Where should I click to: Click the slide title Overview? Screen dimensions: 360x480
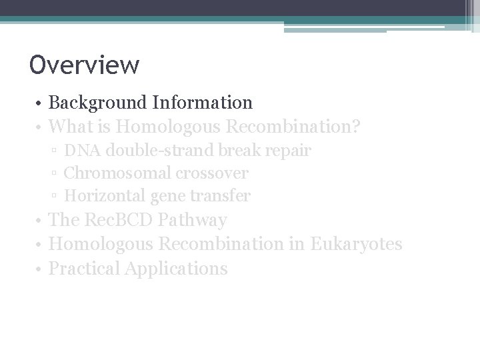[x=85, y=65]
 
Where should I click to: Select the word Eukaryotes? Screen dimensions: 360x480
[x=356, y=244]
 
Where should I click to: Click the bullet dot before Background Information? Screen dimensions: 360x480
[x=41, y=103]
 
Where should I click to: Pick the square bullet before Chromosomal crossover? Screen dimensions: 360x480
[x=54, y=174]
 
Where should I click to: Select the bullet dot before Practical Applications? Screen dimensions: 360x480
[x=41, y=269]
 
